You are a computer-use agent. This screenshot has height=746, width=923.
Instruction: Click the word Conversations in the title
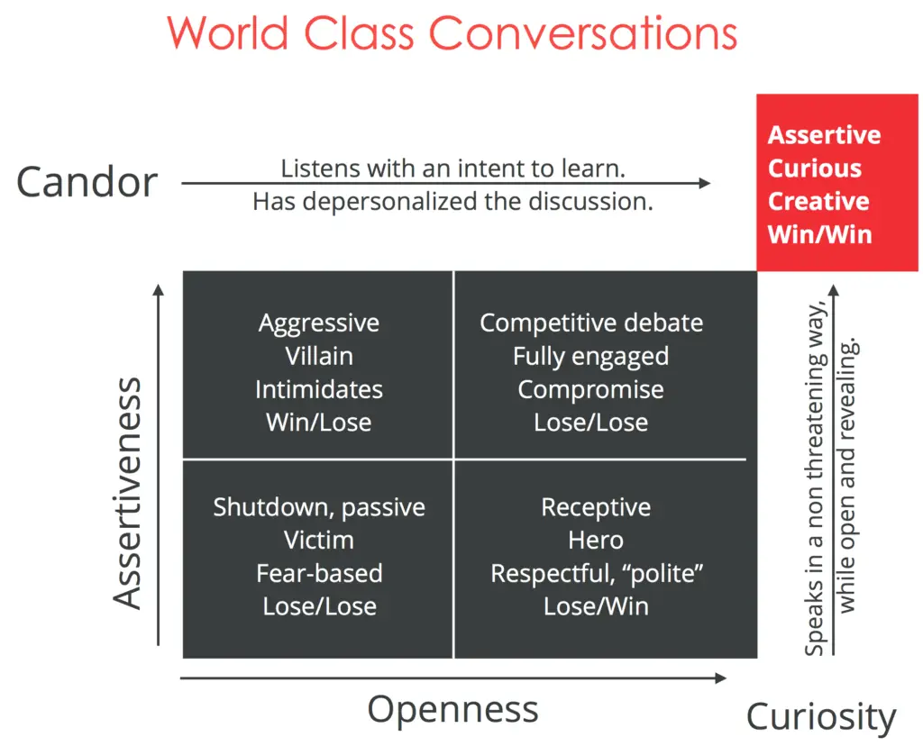point(582,33)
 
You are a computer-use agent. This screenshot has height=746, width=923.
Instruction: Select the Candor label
point(87,182)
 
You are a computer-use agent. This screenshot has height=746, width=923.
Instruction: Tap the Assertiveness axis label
point(128,493)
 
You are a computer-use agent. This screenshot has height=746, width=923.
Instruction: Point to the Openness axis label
point(452,709)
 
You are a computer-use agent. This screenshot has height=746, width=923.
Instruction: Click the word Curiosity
point(821,718)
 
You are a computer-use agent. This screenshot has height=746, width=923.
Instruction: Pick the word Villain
point(319,356)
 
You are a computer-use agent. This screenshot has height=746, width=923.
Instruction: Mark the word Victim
point(319,540)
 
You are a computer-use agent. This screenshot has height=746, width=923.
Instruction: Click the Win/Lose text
point(319,422)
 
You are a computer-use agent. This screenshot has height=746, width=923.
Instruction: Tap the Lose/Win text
point(596,605)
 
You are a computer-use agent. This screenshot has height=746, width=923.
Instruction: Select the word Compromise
point(590,389)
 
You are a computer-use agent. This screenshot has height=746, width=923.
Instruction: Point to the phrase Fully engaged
point(590,356)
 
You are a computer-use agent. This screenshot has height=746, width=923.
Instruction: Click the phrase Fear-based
point(319,573)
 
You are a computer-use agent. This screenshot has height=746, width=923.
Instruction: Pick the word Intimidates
point(319,389)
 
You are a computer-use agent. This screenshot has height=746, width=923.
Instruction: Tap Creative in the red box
point(818,201)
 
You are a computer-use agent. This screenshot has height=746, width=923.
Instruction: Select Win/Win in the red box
point(819,234)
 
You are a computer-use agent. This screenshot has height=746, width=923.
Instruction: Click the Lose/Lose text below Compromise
point(590,422)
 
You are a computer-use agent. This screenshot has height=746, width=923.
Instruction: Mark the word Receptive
point(596,506)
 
